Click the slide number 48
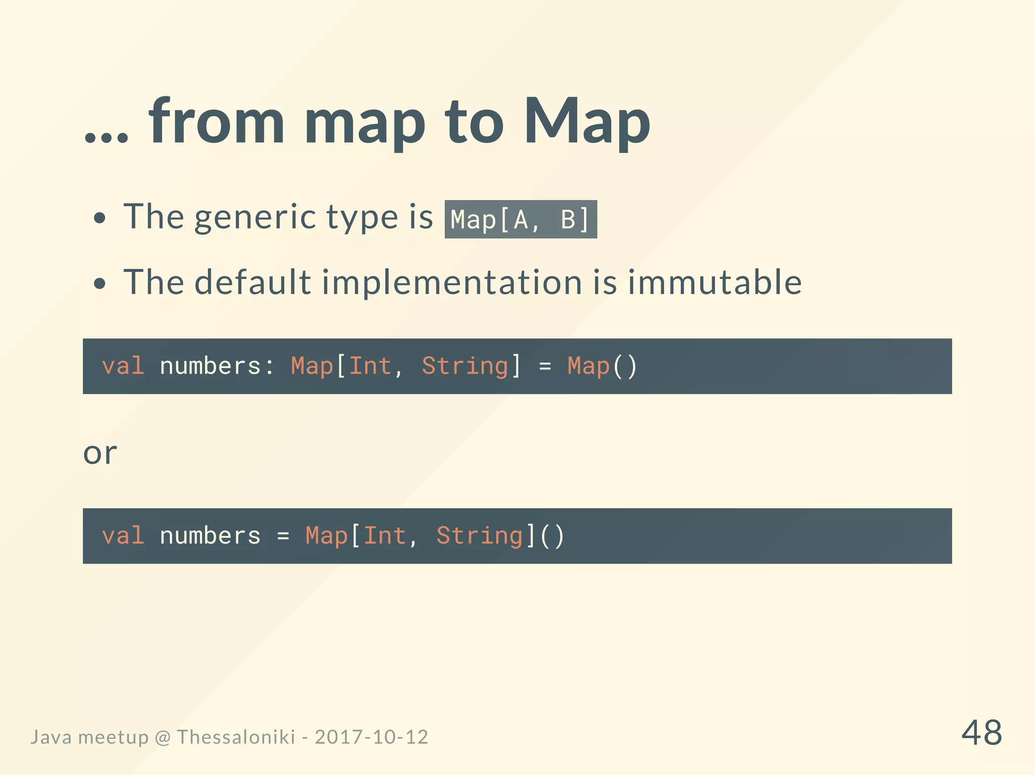(981, 733)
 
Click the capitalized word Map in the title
(586, 122)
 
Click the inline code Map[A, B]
(521, 220)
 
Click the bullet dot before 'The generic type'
(100, 218)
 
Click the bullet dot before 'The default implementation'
(100, 283)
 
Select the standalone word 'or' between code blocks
(100, 453)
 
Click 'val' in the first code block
(123, 366)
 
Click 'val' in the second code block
(123, 536)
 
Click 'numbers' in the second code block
(210, 536)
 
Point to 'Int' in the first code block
(370, 366)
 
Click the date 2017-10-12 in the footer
(371, 737)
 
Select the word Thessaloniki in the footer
(236, 737)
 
